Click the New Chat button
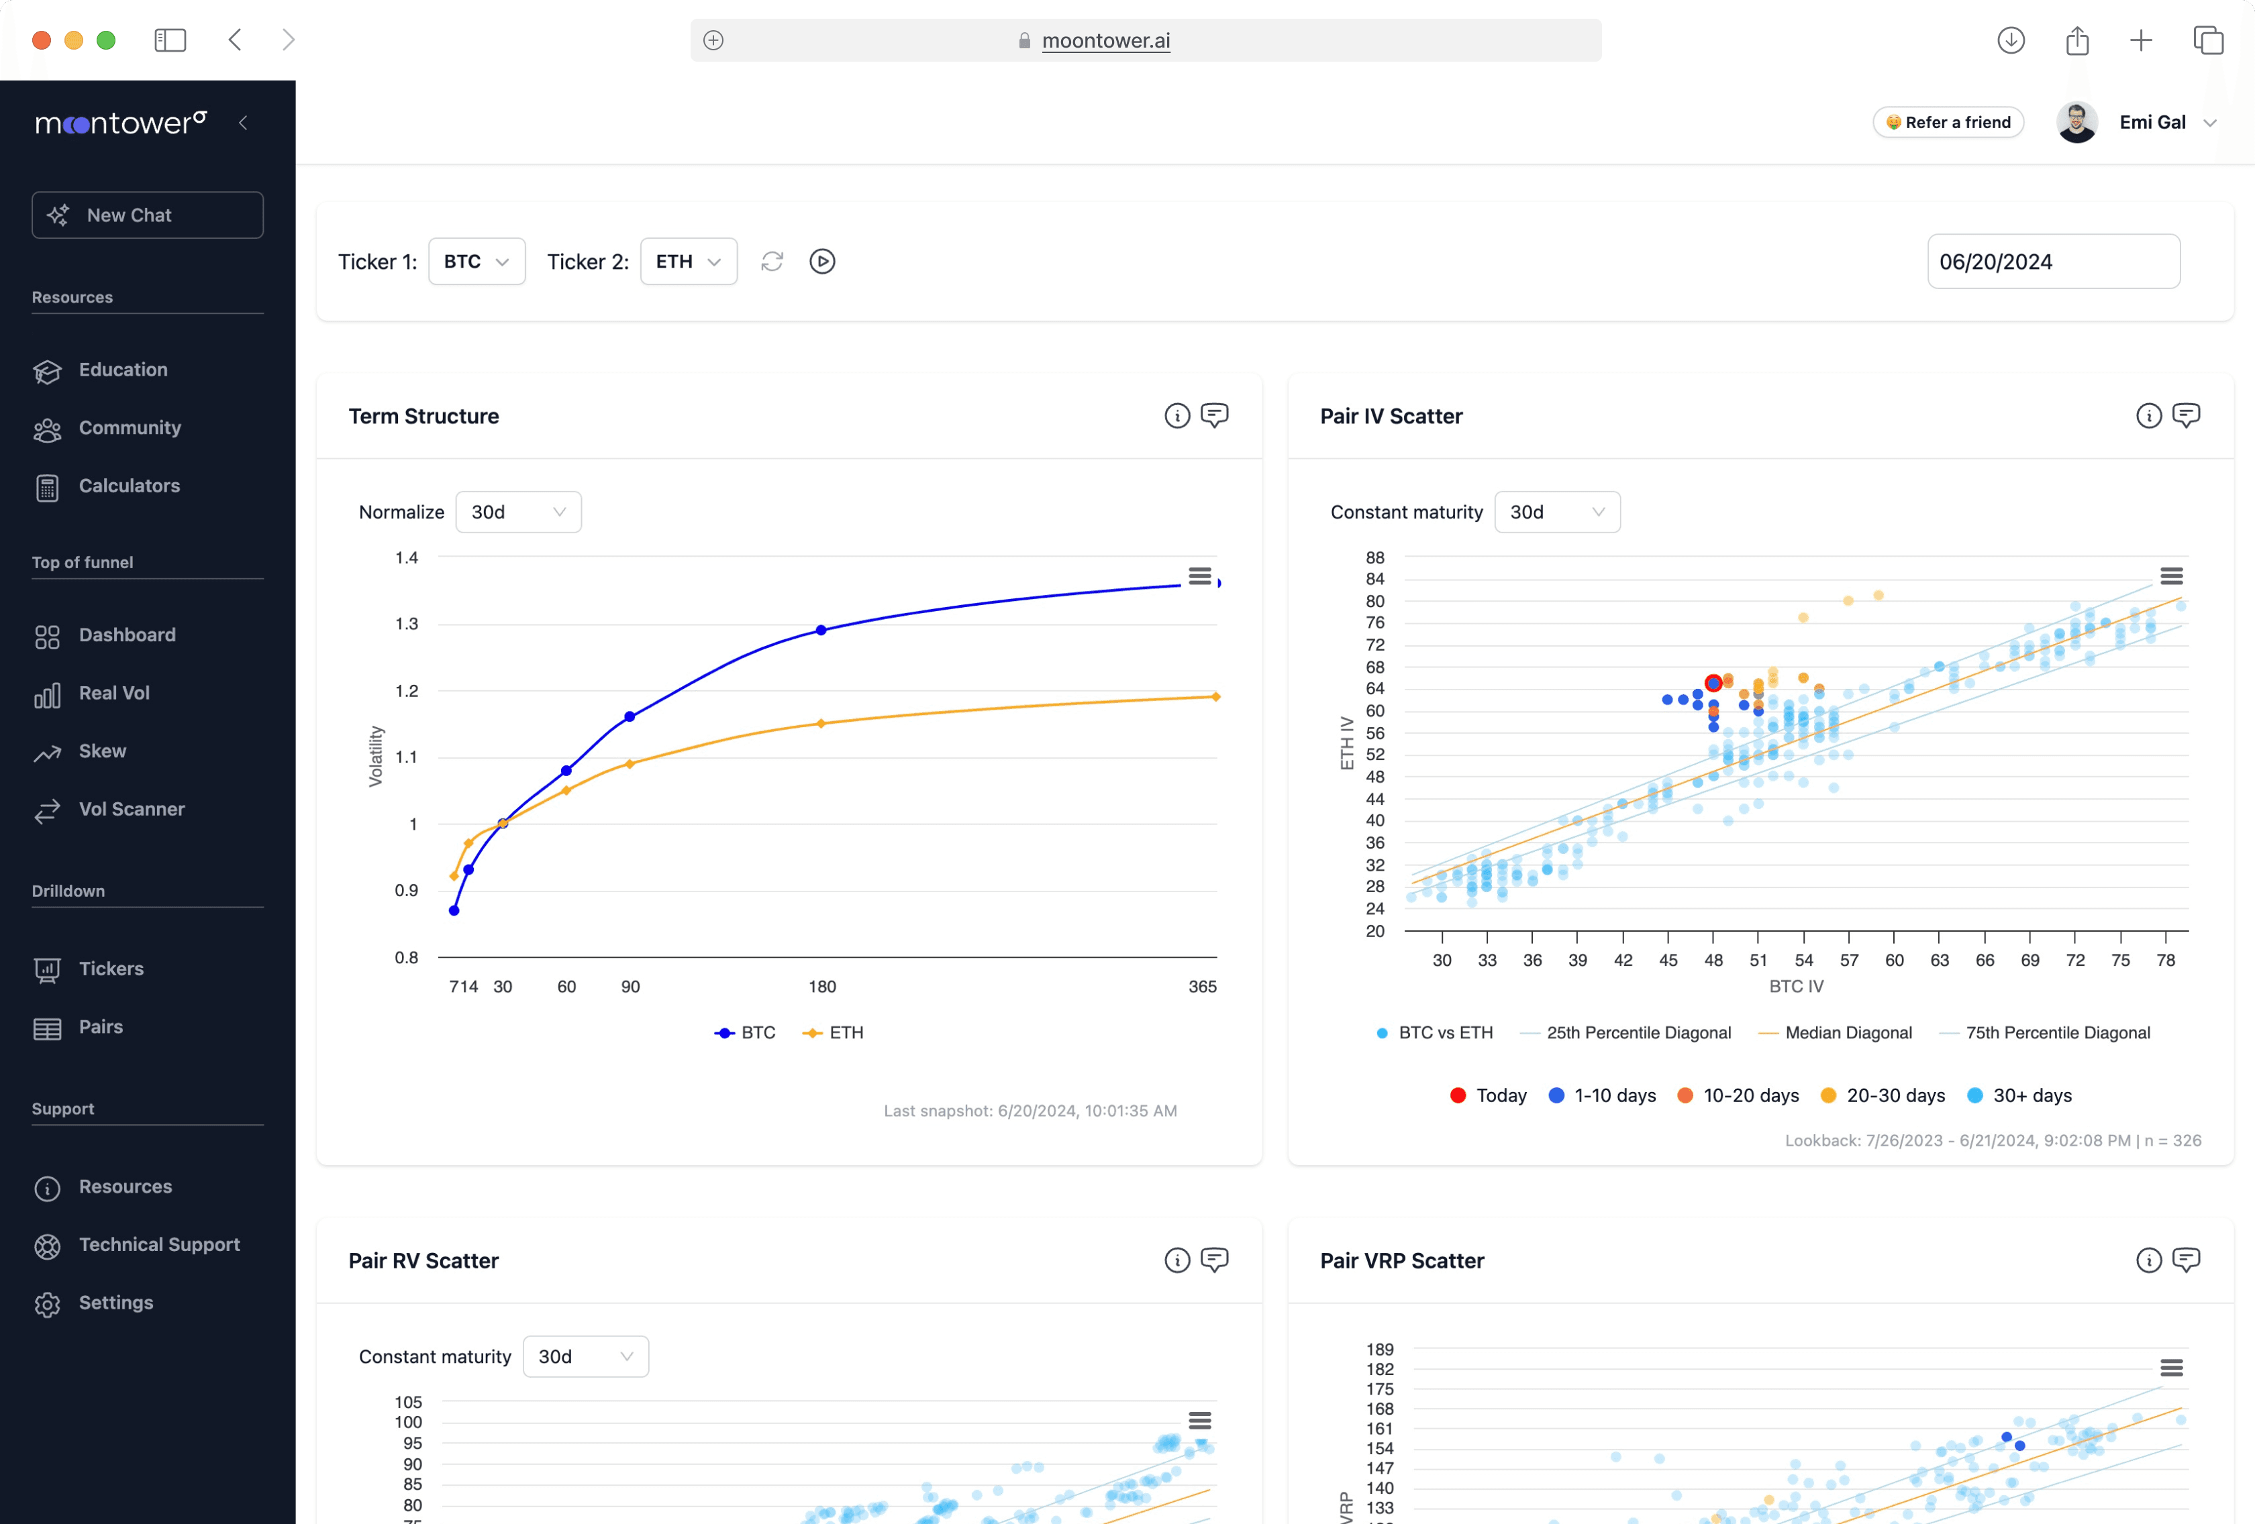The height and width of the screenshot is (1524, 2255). [148, 215]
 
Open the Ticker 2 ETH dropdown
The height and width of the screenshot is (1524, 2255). [688, 262]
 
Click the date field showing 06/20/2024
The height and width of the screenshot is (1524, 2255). [2052, 262]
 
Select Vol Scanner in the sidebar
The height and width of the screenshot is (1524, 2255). [131, 809]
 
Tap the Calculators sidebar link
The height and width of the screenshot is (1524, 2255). [129, 486]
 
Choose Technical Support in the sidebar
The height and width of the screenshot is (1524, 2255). [159, 1244]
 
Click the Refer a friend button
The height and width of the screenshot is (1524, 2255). [1948, 122]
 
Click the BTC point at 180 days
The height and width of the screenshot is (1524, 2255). [821, 631]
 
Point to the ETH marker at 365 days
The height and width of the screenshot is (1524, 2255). [1216, 696]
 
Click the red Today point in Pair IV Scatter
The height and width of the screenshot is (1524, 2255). [1713, 683]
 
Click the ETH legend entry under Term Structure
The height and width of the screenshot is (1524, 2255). [834, 1033]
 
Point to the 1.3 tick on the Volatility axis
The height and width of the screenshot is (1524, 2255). [407, 624]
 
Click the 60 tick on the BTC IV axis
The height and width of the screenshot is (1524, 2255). [1894, 961]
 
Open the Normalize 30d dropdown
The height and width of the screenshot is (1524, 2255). [518, 512]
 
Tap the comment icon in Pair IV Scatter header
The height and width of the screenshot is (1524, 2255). [2185, 416]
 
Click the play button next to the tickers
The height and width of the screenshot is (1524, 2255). [822, 262]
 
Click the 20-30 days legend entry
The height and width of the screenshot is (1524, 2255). [1883, 1095]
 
